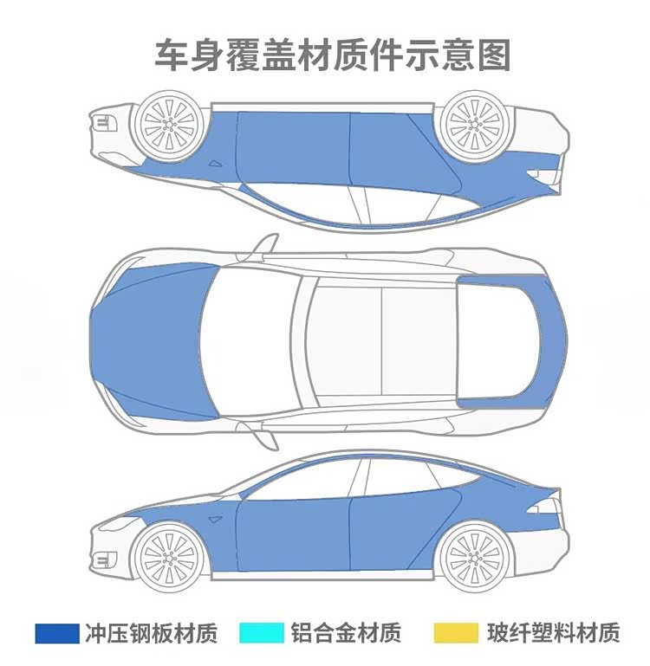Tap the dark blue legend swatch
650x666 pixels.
pyautogui.click(x=56, y=633)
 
